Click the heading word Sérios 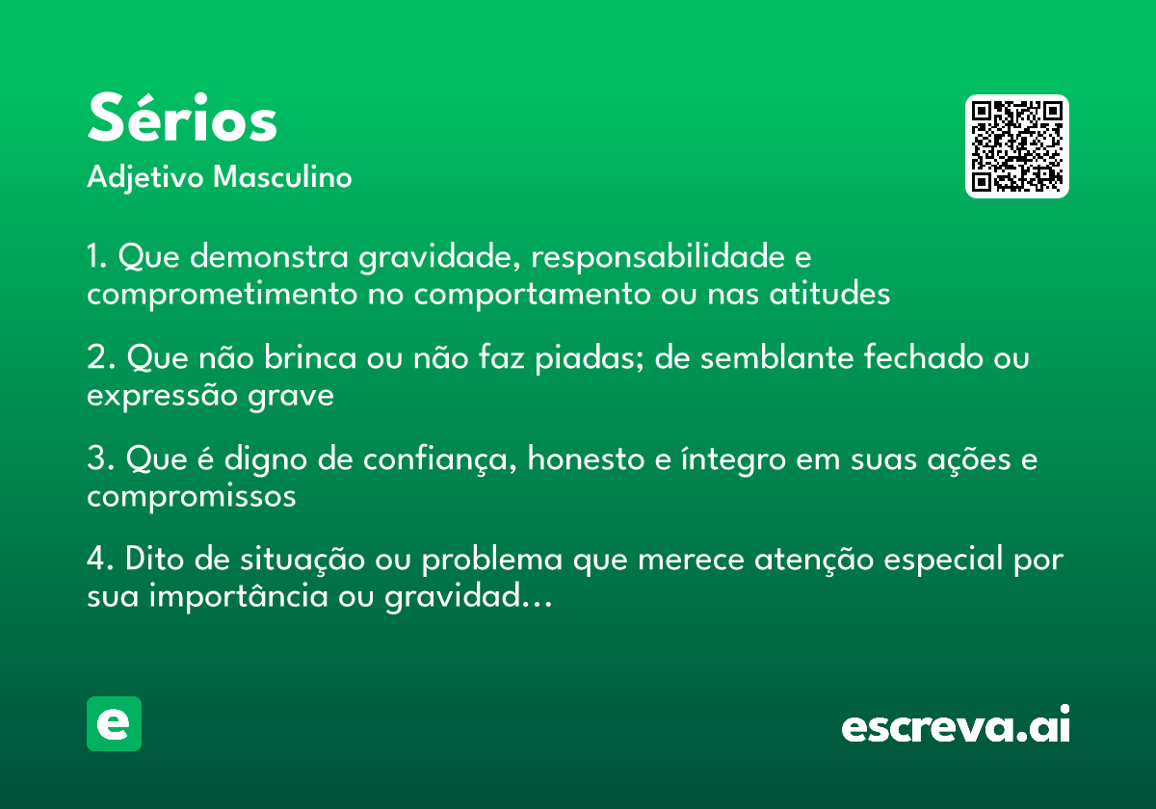182,120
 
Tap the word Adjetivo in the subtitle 145,178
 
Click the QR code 1016,146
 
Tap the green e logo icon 114,723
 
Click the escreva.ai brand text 956,725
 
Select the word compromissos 191,496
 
